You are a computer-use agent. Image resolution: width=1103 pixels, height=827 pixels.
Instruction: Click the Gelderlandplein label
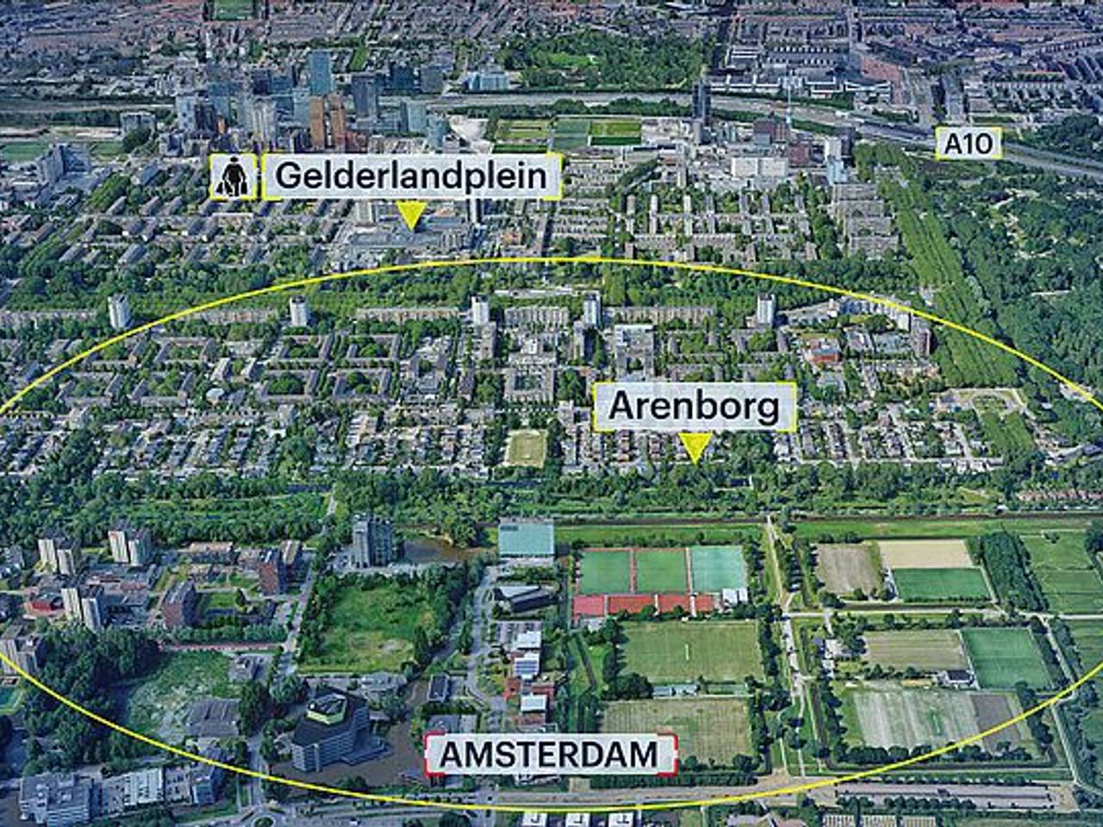(412, 177)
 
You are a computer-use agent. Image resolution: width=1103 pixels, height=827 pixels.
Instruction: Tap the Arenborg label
(694, 407)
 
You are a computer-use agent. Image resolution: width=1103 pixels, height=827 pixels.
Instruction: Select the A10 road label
(969, 143)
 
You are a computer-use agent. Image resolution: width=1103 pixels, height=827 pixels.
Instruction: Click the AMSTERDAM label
(550, 755)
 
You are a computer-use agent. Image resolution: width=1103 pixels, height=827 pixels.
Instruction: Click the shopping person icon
(234, 177)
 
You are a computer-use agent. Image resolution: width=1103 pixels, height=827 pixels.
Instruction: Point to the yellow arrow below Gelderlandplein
(412, 215)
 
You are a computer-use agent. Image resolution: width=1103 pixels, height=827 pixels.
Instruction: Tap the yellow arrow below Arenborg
(694, 445)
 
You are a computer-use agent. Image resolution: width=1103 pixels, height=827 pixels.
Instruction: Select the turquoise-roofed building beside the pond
(526, 539)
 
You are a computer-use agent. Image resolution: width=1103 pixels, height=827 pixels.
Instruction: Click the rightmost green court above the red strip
(719, 569)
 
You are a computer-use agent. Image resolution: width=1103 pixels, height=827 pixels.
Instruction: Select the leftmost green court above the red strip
(607, 571)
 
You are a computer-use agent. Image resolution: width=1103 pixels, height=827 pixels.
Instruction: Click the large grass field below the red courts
(689, 650)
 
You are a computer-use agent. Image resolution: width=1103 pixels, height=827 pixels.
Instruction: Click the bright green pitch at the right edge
(1006, 656)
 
